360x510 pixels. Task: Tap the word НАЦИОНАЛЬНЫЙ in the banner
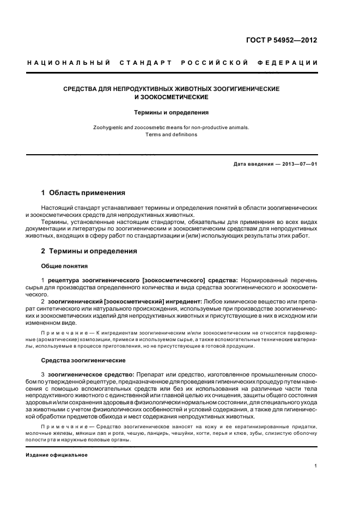coord(69,63)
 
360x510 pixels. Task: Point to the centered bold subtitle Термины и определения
coord(172,113)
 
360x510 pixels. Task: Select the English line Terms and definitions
coord(172,135)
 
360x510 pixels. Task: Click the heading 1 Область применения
coord(83,193)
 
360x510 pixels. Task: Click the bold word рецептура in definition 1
coord(66,280)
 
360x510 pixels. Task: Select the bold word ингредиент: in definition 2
coord(183,301)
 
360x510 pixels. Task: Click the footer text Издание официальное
coord(57,454)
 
